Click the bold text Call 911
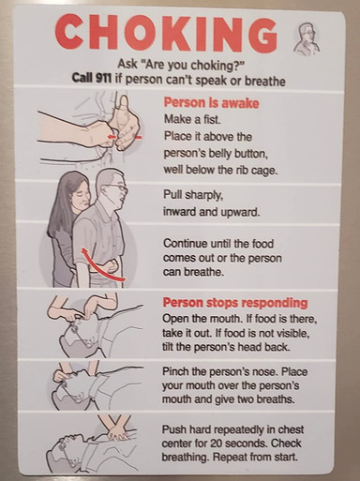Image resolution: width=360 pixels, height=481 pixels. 95,80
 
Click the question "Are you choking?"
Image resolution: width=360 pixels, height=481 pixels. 185,64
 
